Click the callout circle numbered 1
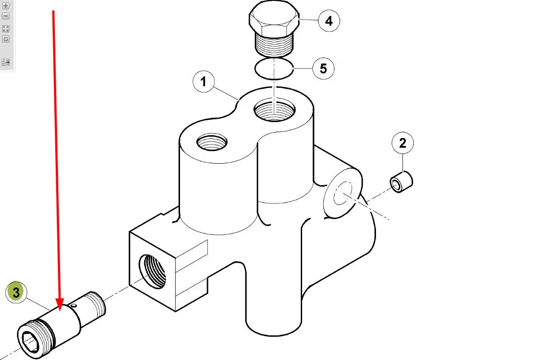[x=203, y=82]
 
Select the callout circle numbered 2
[x=403, y=143]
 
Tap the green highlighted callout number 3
[x=16, y=292]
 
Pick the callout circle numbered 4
[x=329, y=21]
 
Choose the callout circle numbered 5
[x=323, y=69]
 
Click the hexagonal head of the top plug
[x=274, y=18]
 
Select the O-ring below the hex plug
[x=274, y=69]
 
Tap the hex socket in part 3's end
[x=30, y=342]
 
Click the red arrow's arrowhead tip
[x=60, y=311]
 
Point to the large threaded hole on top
[x=275, y=110]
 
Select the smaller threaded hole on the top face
[x=212, y=142]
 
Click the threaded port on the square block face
[x=152, y=272]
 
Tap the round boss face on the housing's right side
[x=343, y=193]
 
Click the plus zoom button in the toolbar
[x=6, y=6]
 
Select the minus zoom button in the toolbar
[x=6, y=16]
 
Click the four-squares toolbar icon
[x=6, y=29]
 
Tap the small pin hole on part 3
[x=74, y=306]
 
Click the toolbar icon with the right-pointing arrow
[x=6, y=62]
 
